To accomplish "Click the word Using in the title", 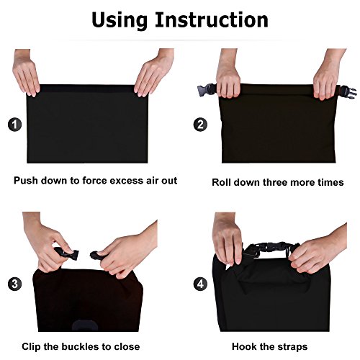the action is [120, 20].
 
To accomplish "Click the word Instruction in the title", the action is [212, 19].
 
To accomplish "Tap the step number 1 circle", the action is [14, 125].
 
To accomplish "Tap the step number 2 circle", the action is [200, 125].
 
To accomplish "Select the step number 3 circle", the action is [14, 284].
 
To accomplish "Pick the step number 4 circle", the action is [200, 284].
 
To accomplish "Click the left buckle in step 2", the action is [207, 90].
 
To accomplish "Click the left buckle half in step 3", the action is [67, 254].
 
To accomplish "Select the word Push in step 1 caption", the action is [26, 181].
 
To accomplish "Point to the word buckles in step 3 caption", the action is [81, 346].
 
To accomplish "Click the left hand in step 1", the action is [26, 72].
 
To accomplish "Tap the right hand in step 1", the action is [154, 72].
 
